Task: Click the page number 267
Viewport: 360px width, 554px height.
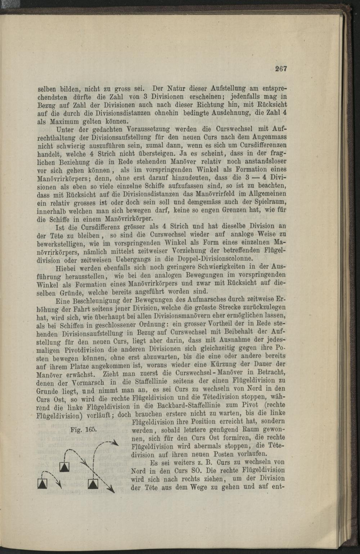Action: click(x=281, y=69)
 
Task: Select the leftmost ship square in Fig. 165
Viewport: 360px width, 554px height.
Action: click(x=43, y=484)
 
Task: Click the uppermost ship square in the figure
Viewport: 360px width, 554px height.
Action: click(x=64, y=467)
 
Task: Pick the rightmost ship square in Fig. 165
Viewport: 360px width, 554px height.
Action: click(x=93, y=484)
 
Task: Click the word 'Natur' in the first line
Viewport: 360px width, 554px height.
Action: click(x=164, y=88)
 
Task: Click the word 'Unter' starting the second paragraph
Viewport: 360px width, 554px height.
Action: click(x=66, y=130)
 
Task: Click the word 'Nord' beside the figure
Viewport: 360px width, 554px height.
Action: click(x=138, y=471)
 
